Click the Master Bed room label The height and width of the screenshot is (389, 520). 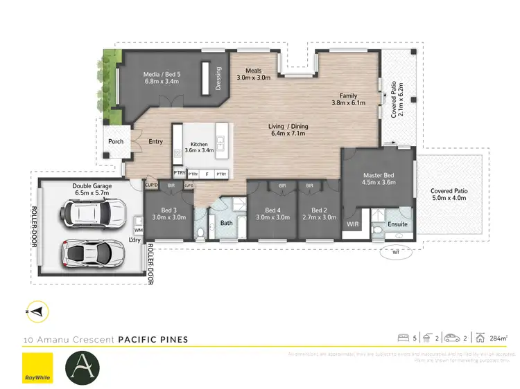coord(379,179)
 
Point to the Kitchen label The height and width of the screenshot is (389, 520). coord(199,148)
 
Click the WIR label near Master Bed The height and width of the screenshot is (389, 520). coord(352,224)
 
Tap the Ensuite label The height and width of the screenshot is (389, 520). coord(397,224)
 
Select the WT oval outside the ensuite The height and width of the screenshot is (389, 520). coord(396,252)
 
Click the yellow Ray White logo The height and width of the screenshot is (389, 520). coord(37,368)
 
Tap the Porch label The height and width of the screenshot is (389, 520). coord(116,142)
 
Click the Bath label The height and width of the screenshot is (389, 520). coord(227,223)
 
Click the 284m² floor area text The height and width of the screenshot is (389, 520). coord(497,338)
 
